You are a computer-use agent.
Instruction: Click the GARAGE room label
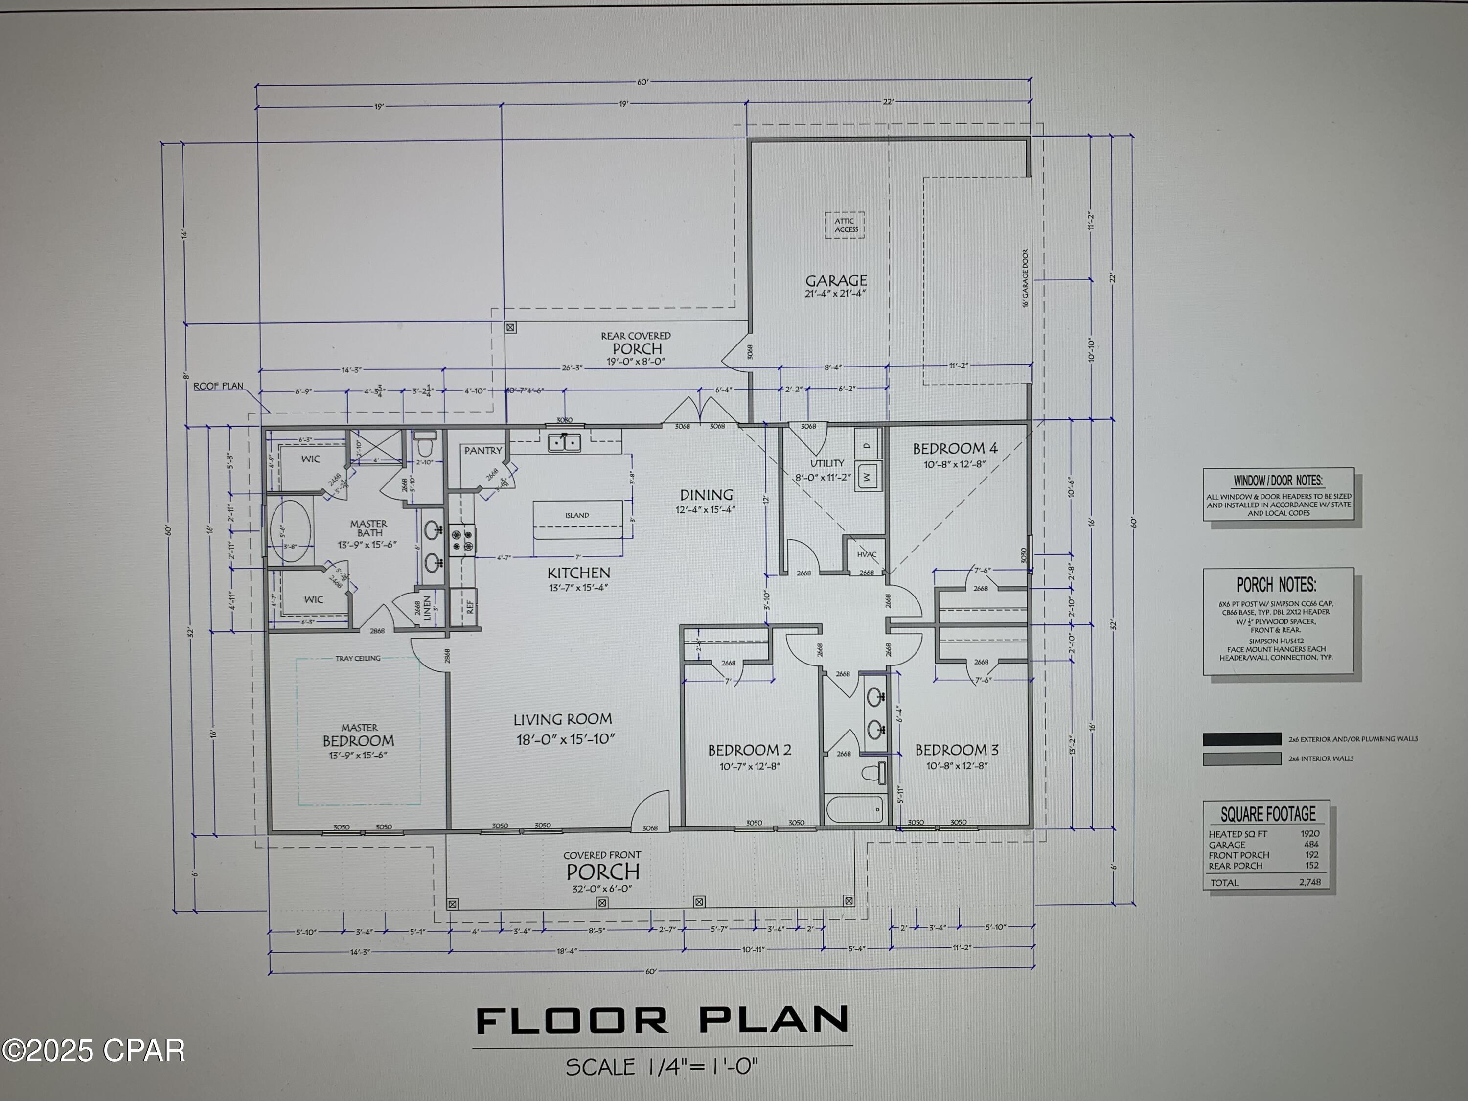(x=836, y=281)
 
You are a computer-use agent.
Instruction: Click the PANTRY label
(x=482, y=451)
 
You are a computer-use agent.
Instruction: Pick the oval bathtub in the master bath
(x=291, y=531)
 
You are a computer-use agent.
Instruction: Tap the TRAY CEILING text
(x=358, y=658)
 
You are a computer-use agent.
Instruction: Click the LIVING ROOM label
(x=563, y=719)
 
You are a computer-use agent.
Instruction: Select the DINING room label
(x=706, y=495)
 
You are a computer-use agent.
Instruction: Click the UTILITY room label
(x=827, y=463)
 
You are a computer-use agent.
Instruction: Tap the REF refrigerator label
(x=470, y=606)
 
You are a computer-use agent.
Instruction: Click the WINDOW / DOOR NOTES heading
(x=1278, y=481)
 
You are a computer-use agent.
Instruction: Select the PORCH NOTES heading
(x=1276, y=585)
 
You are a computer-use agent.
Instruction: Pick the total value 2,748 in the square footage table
(x=1309, y=882)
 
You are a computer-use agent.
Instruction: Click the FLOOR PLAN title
(x=663, y=1021)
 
